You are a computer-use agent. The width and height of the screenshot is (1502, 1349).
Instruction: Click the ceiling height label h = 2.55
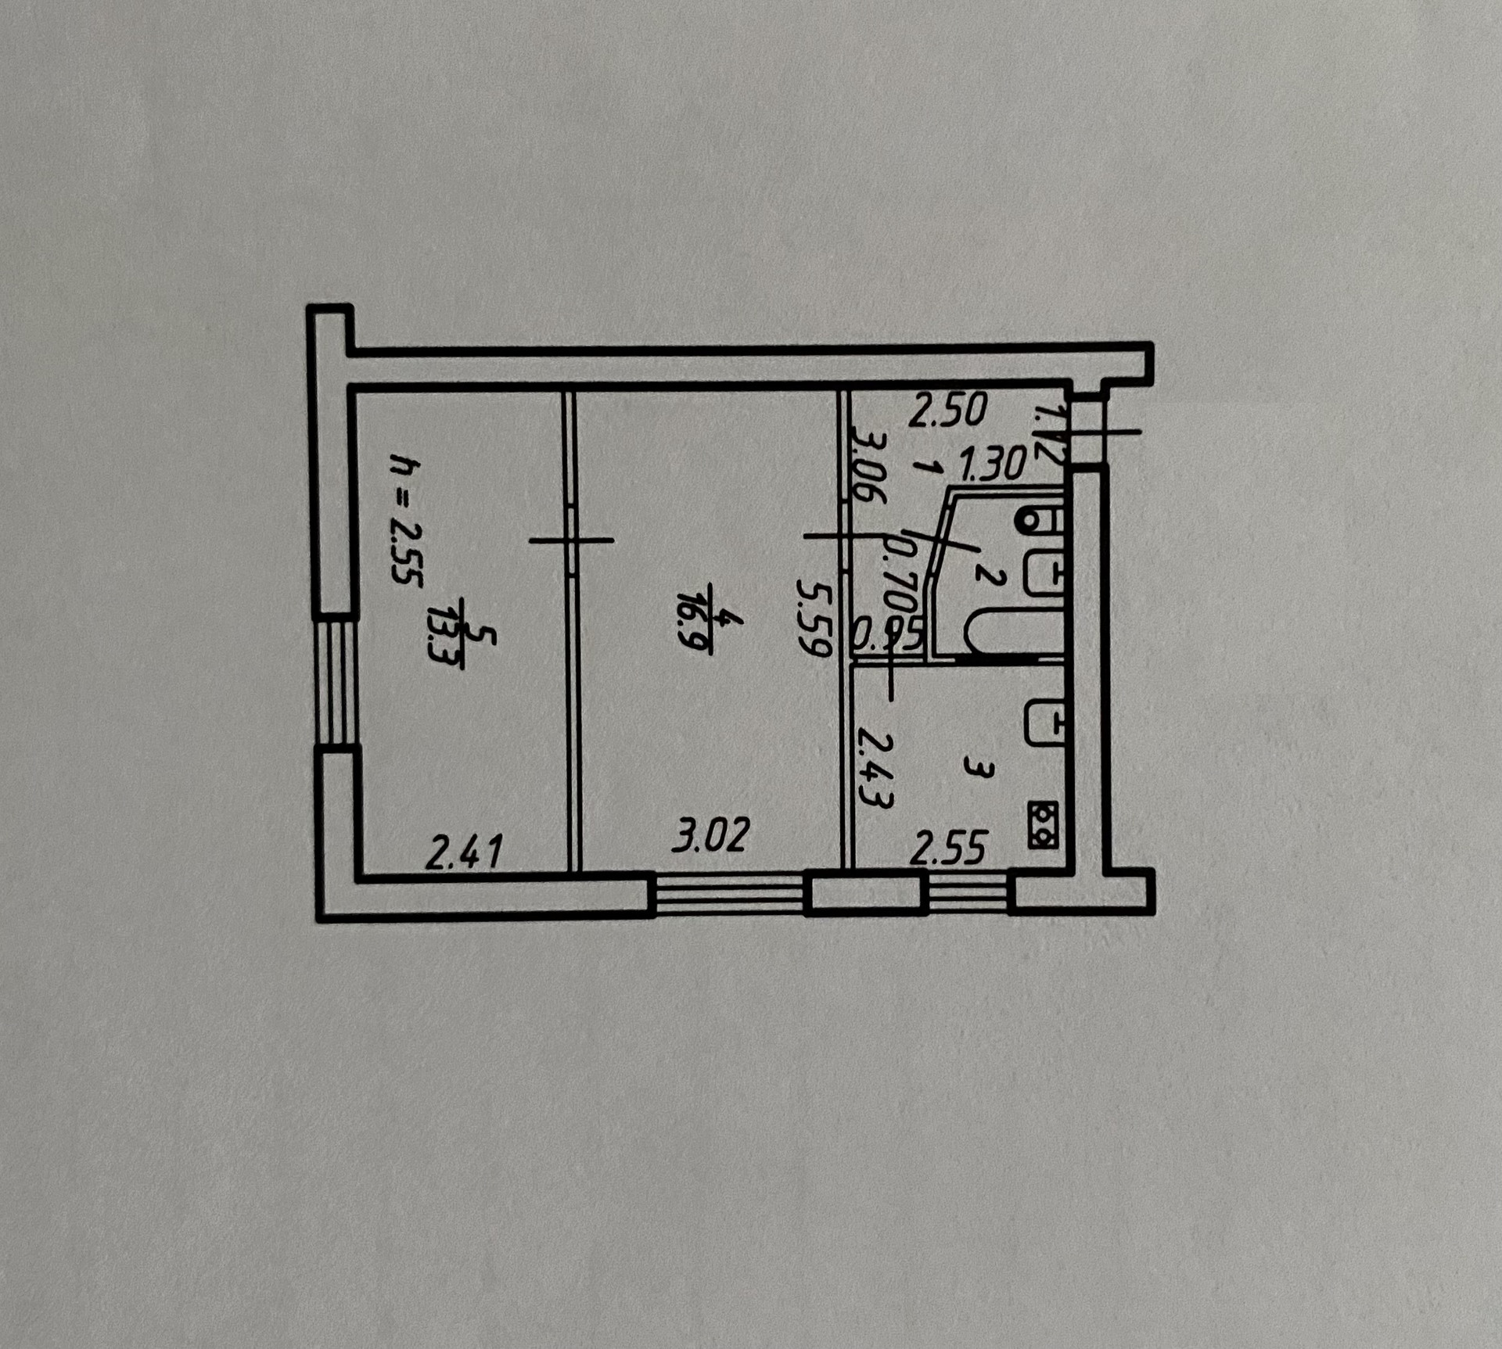(404, 522)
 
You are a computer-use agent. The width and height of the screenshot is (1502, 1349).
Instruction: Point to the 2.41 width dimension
(463, 851)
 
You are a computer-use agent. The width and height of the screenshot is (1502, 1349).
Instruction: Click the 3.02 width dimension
(710, 834)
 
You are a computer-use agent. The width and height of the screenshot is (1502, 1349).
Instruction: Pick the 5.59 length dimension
(813, 618)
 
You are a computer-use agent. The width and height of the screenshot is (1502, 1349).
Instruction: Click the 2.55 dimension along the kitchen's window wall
(948, 849)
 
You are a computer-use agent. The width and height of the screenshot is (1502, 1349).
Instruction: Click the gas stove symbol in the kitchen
(1043, 825)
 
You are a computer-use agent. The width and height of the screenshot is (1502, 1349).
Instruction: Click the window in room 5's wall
(336, 681)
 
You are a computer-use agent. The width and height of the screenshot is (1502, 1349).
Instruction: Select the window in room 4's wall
(730, 894)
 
